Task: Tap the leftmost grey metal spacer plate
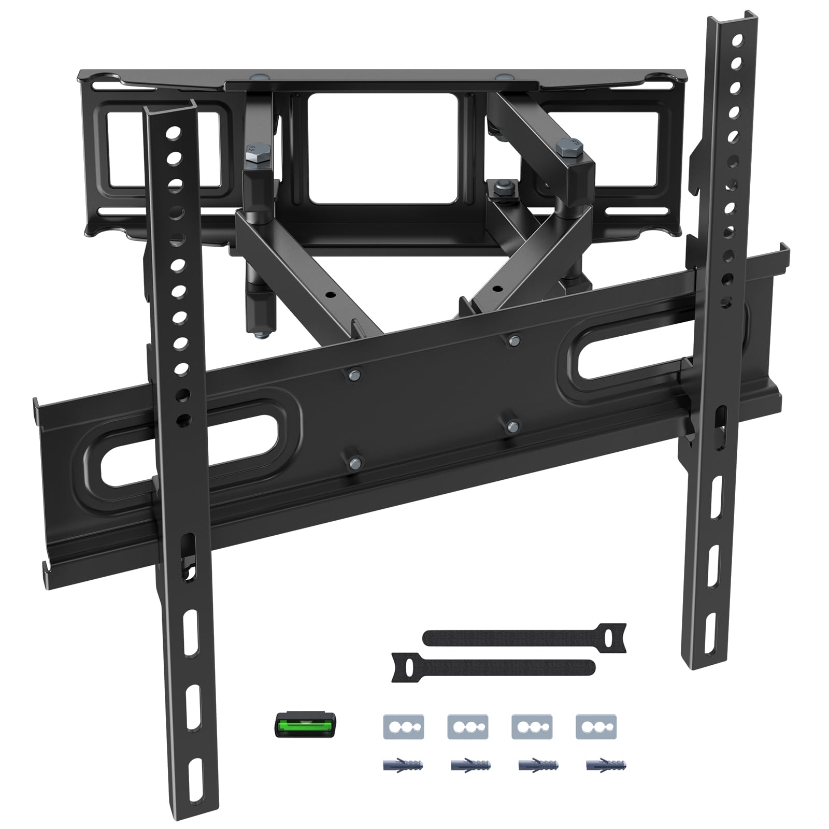404,726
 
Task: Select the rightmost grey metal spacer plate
596,726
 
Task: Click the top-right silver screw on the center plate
513,339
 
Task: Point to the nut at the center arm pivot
501,188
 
